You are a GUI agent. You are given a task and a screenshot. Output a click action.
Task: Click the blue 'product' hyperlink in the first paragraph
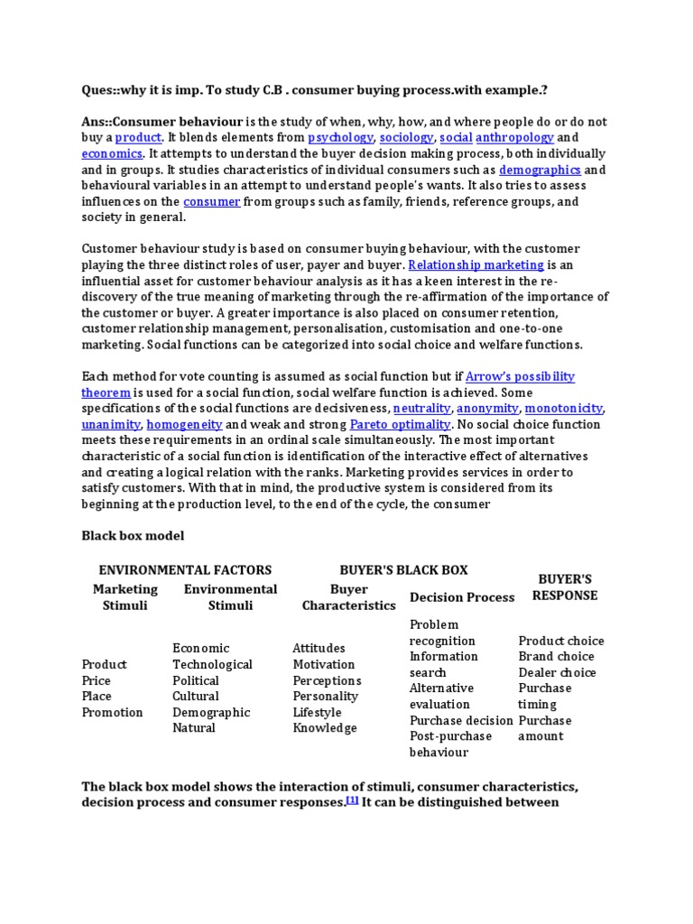pos(138,137)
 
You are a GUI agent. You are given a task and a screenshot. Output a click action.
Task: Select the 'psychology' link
pos(340,137)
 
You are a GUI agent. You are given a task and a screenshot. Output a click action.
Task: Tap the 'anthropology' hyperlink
pos(514,137)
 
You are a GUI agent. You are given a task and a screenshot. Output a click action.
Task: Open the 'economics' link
pos(112,153)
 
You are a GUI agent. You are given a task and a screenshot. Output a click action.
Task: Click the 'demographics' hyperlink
pos(540,170)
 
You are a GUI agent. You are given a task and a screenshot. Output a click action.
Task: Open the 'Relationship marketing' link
pos(476,264)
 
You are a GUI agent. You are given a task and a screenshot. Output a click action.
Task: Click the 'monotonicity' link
pos(564,408)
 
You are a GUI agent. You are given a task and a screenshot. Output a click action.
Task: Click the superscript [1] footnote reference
pos(353,799)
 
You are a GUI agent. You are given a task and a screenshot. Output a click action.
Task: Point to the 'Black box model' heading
pos(133,536)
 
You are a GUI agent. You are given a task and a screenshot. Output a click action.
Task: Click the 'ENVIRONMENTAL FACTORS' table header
pos(185,569)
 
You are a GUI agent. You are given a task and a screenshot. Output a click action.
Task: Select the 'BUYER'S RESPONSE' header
pos(564,587)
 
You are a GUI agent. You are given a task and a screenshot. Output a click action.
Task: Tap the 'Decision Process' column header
pos(462,596)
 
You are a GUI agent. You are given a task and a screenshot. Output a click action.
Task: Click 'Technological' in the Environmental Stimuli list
pos(212,664)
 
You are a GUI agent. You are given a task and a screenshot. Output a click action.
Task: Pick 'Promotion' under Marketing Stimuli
pos(112,712)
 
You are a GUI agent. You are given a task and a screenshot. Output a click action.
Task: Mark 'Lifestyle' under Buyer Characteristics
pos(317,712)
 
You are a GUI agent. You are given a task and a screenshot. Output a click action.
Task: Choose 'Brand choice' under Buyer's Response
pos(556,656)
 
